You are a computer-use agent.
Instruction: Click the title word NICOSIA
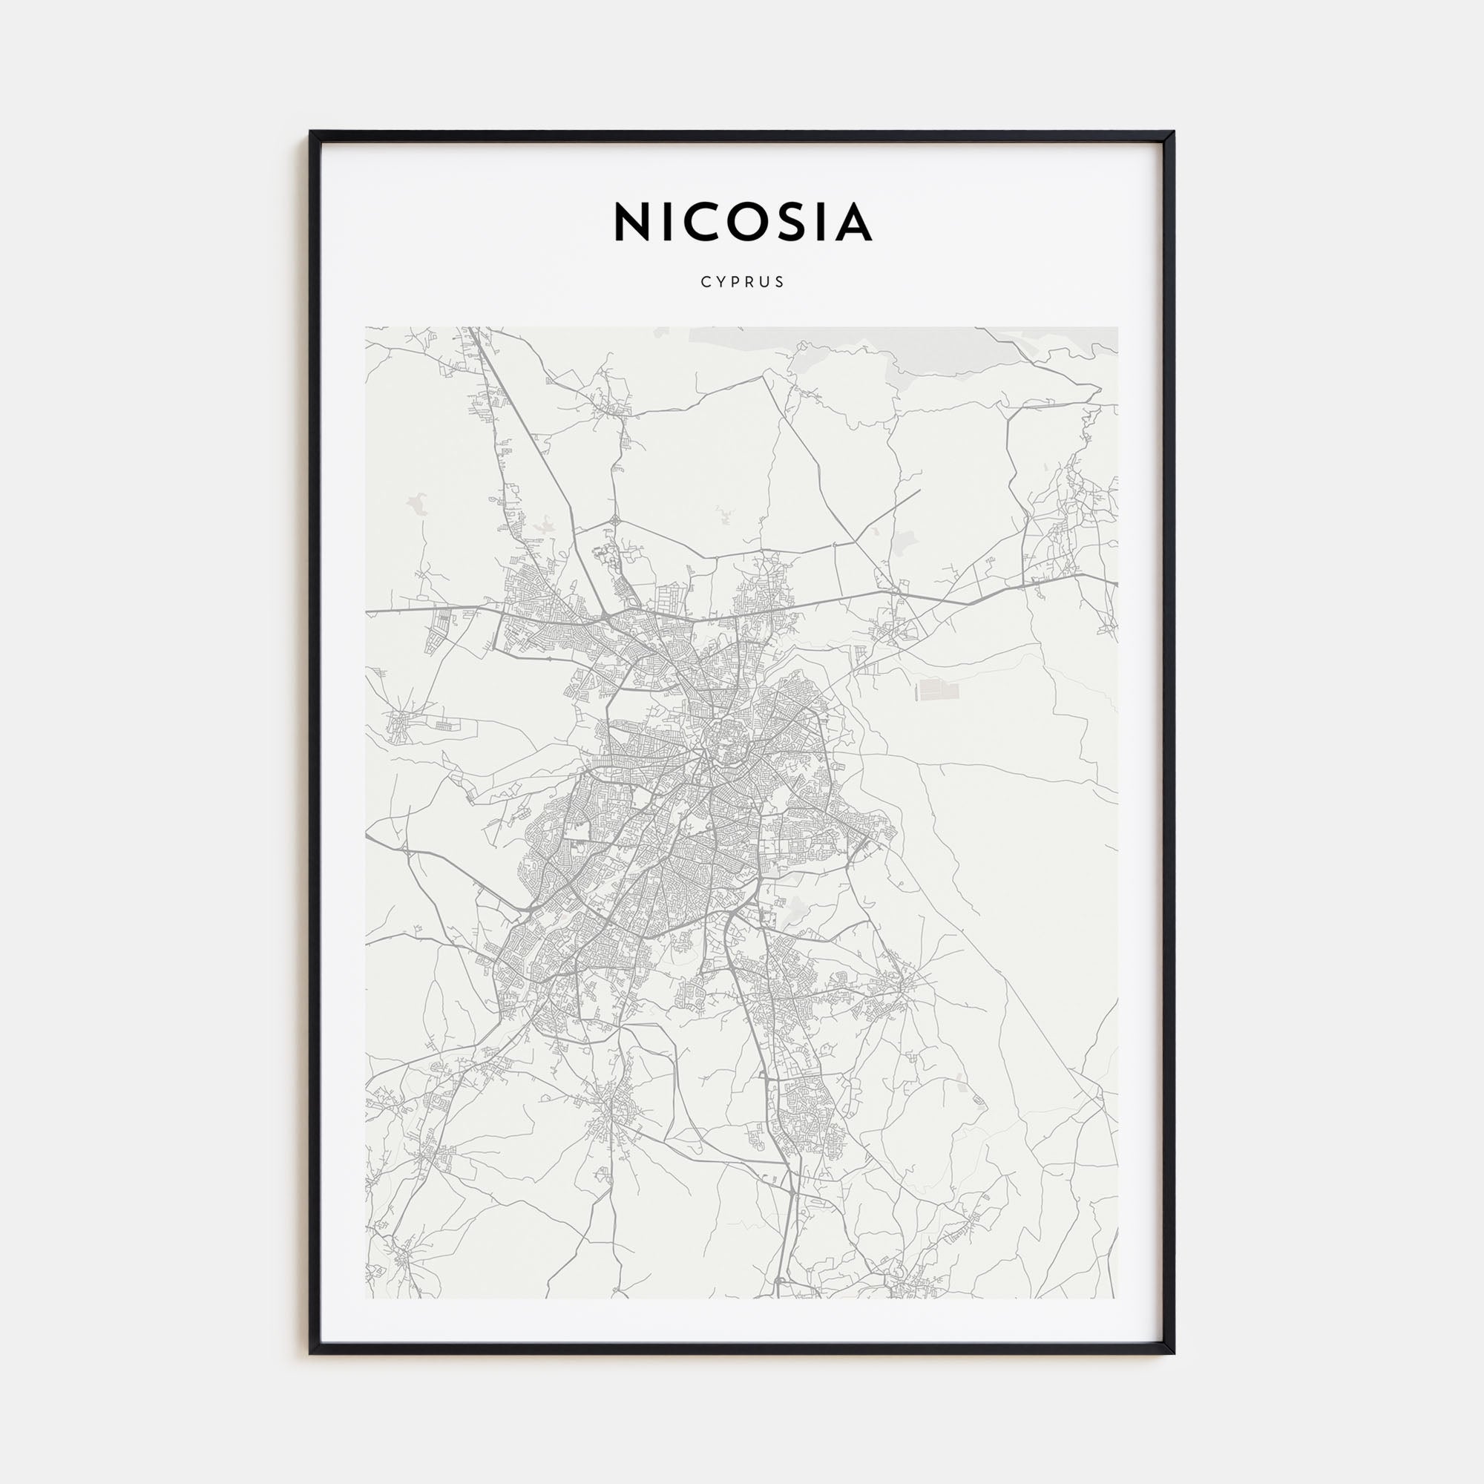(742, 223)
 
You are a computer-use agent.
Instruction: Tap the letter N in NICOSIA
(631, 223)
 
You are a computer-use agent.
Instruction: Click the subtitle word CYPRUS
(742, 282)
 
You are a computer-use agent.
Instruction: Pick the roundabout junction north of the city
(615, 522)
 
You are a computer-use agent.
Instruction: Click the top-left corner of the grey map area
(367, 328)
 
